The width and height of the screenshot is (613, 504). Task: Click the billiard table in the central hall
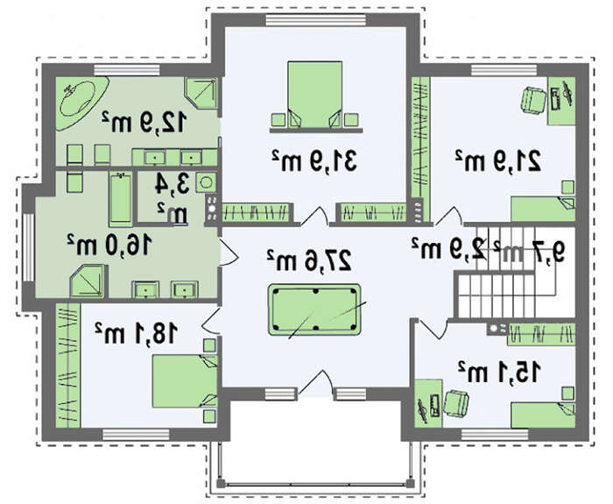(x=314, y=309)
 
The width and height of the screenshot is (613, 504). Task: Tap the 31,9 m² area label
(x=314, y=160)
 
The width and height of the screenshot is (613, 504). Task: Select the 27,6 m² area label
(x=309, y=259)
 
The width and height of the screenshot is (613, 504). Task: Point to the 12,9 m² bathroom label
(x=143, y=121)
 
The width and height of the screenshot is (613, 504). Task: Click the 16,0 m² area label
(x=109, y=245)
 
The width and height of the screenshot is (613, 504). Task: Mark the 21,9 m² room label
(x=498, y=160)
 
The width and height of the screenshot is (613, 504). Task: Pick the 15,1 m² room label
(x=500, y=372)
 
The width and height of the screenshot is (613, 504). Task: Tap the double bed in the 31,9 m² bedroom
(x=314, y=95)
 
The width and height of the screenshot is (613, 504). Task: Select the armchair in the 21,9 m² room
(x=532, y=100)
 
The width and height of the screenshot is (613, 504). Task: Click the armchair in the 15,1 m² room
(x=456, y=402)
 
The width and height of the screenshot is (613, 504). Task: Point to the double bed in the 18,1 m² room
(x=185, y=381)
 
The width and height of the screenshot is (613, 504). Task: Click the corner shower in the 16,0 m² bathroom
(x=88, y=281)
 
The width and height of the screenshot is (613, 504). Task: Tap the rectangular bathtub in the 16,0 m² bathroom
(x=120, y=198)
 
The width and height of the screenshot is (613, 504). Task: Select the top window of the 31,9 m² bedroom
(x=316, y=19)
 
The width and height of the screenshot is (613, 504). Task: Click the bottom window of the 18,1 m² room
(x=136, y=435)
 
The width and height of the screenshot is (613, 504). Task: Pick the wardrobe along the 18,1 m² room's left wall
(x=68, y=366)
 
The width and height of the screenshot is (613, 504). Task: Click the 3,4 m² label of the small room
(x=172, y=198)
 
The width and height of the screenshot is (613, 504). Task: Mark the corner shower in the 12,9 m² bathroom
(x=201, y=93)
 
